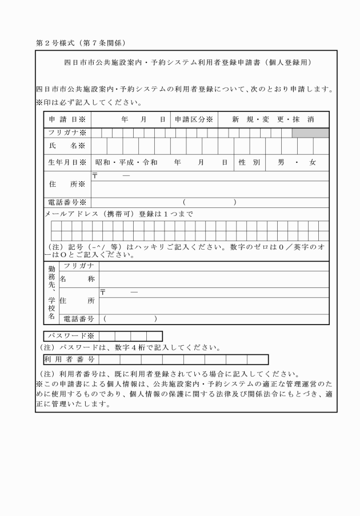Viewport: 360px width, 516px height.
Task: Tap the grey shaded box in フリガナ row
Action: pyautogui.click(x=310, y=133)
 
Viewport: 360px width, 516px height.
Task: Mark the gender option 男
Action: pyautogui.click(x=281, y=162)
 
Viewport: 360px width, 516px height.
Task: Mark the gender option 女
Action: pyautogui.click(x=312, y=162)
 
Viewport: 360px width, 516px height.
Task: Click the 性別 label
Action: pyautogui.click(x=249, y=162)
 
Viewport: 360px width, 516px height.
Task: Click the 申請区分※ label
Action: pyautogui.click(x=194, y=119)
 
